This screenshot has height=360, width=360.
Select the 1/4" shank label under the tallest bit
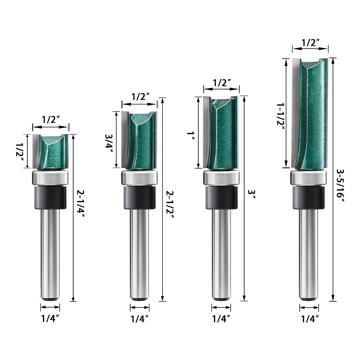(x=309, y=319)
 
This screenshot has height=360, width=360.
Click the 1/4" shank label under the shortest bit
(x=50, y=319)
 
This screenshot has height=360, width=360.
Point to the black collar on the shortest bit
(x=50, y=197)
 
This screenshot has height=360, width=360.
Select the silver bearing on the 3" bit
(x=221, y=178)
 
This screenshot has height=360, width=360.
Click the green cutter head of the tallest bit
(x=310, y=114)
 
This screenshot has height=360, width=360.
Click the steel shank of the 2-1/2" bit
(x=139, y=252)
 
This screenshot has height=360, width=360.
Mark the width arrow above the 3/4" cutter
(x=139, y=104)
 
